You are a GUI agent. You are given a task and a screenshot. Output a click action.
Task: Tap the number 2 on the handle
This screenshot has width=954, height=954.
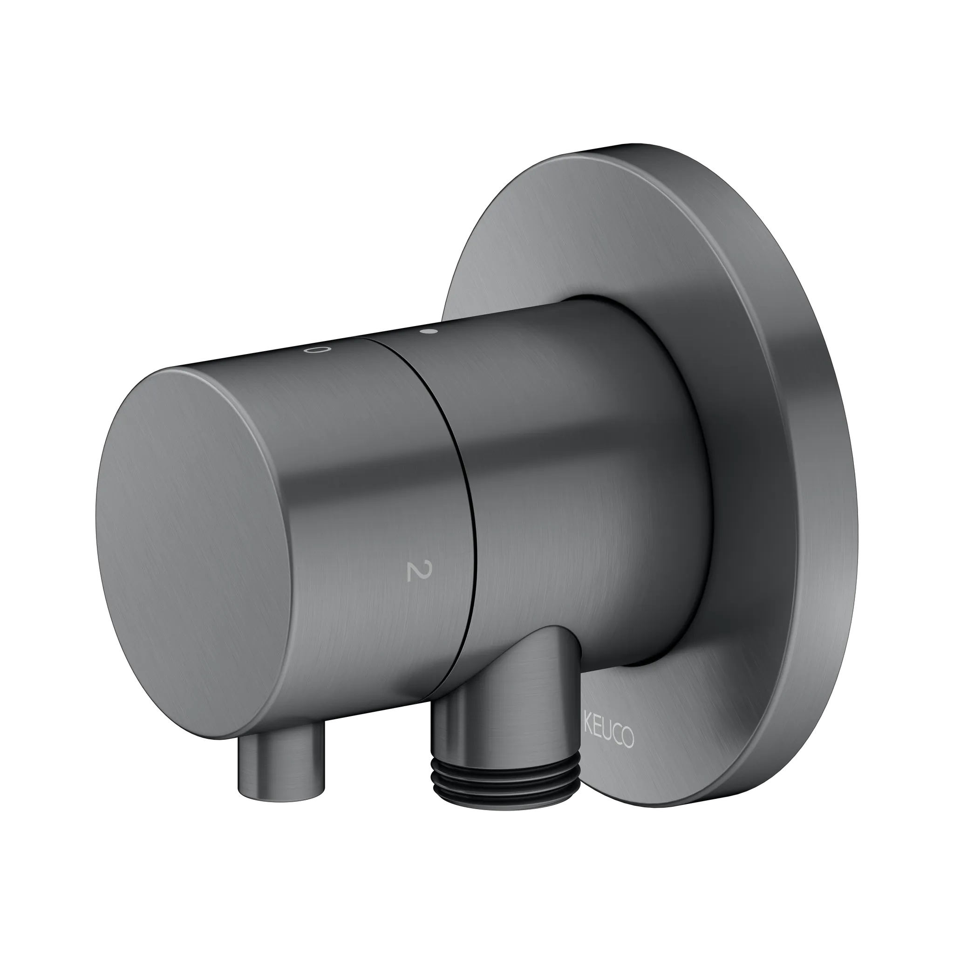click(x=413, y=571)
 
